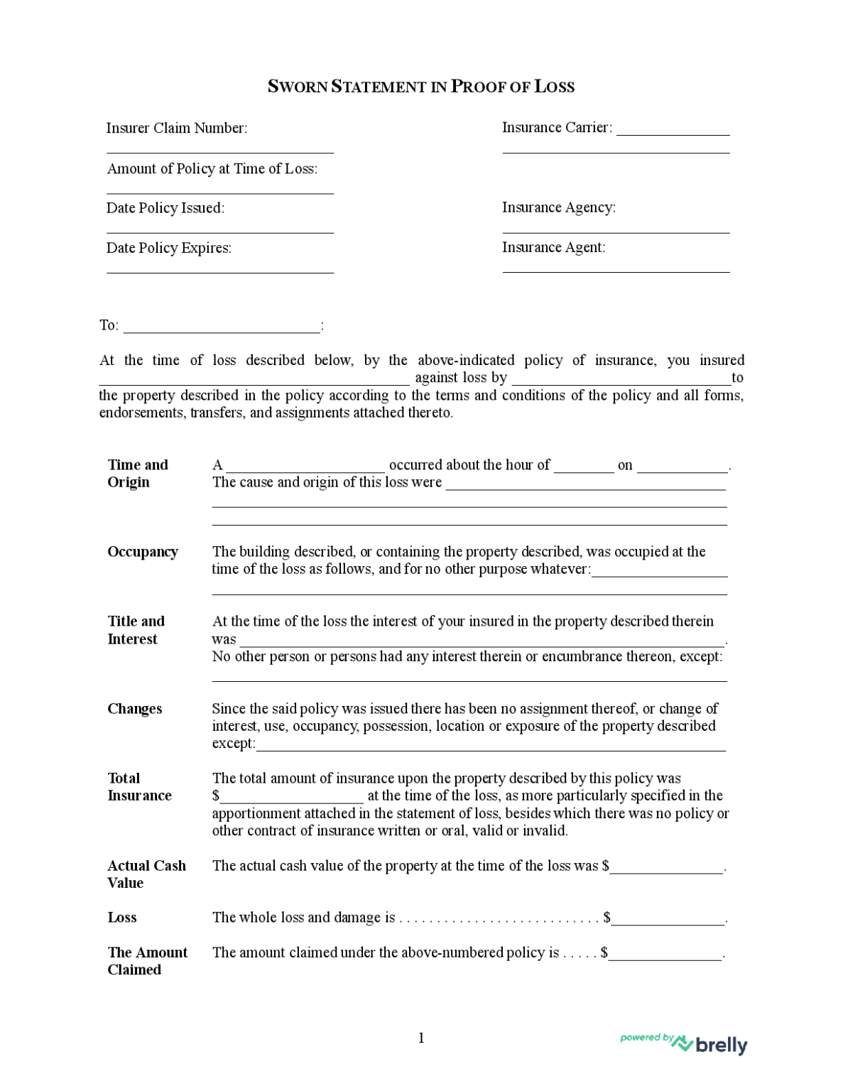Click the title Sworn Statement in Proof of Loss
click(420, 87)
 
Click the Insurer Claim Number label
click(177, 128)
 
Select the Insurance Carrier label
click(557, 127)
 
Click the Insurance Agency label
click(558, 207)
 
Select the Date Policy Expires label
click(169, 248)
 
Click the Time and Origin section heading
click(138, 473)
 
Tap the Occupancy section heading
click(143, 552)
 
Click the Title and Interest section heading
click(136, 630)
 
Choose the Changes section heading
click(135, 709)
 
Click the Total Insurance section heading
click(139, 787)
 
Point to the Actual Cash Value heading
click(146, 874)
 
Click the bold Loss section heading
click(122, 918)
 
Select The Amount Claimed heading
click(147, 961)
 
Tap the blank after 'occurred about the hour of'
click(584, 469)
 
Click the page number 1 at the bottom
click(421, 1038)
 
